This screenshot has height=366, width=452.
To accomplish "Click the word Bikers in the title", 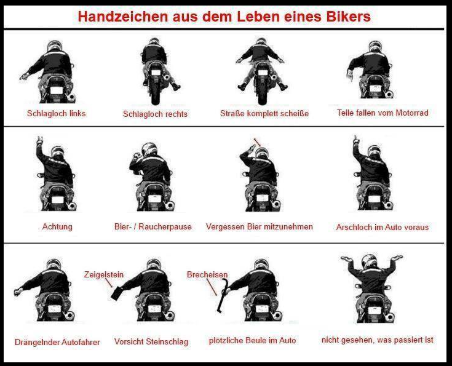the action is [x=348, y=17].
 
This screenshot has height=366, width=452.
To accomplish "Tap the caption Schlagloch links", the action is [x=57, y=113].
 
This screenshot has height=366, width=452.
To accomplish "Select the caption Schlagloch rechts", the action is [x=155, y=114].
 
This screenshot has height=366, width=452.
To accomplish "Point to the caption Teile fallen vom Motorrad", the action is [x=383, y=113].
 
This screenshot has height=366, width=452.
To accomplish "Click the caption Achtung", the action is [x=57, y=227].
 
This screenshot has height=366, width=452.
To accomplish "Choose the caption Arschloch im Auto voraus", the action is [x=383, y=227].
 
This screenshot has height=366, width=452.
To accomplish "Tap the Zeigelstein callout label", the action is [x=104, y=274].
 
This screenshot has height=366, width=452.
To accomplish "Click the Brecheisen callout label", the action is [x=207, y=274].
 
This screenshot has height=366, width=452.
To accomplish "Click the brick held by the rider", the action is [x=117, y=293].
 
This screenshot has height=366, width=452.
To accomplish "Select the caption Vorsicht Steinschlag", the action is [x=151, y=341].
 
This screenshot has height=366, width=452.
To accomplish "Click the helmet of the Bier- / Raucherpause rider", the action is [x=149, y=149].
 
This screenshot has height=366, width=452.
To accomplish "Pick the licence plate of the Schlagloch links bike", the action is [x=56, y=90].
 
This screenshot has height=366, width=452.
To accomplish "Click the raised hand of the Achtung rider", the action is [x=40, y=140].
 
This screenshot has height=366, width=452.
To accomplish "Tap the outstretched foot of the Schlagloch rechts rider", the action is [x=175, y=86].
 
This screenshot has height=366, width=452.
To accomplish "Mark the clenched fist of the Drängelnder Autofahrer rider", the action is [x=18, y=292].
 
